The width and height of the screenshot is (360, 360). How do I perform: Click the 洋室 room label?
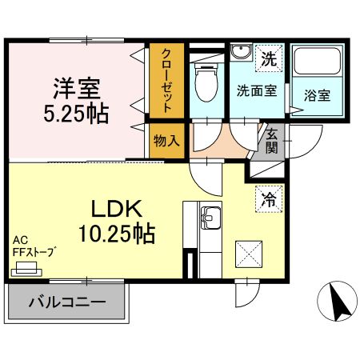point(77,88)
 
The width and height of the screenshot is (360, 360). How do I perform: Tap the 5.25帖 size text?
point(76,114)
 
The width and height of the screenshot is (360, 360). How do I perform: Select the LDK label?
point(117,209)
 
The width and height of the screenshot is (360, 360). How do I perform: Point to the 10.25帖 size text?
point(117,234)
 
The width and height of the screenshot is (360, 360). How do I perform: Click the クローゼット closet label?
point(166,81)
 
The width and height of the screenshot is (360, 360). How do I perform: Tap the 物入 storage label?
point(166,141)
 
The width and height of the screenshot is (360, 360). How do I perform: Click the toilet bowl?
point(206,82)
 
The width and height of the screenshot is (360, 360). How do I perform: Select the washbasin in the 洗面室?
point(242,52)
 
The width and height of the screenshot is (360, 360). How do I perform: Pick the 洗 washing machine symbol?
point(269,58)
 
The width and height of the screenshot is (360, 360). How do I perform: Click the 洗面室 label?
point(257,91)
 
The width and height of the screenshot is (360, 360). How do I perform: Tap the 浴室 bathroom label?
point(318,95)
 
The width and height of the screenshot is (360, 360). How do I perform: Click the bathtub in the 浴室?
point(318,62)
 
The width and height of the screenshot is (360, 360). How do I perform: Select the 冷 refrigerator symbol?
point(269,199)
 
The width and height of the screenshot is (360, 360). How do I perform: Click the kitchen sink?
point(210,218)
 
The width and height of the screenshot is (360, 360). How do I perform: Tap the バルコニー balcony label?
point(68,302)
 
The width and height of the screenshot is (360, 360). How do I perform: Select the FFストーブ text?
point(35,252)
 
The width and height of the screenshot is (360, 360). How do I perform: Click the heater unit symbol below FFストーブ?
point(26,269)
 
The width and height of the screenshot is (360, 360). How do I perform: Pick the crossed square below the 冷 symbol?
point(249,254)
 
